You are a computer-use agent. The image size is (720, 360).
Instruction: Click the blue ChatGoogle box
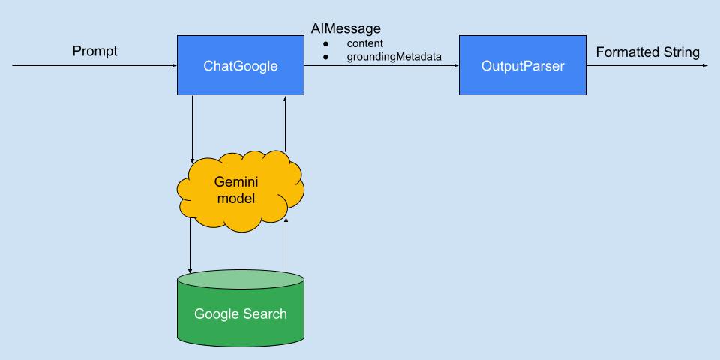pyautogui.click(x=241, y=66)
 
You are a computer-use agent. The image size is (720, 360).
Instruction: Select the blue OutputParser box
pyautogui.click(x=522, y=66)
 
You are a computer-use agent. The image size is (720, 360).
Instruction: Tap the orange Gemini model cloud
pyautogui.click(x=241, y=191)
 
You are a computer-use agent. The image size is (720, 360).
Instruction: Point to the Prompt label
pyautogui.click(x=95, y=52)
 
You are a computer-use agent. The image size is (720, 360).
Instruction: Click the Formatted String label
pyautogui.click(x=647, y=52)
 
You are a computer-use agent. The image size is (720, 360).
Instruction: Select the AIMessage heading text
pyautogui.click(x=346, y=29)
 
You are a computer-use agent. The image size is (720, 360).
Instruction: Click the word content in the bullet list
pyautogui.click(x=365, y=43)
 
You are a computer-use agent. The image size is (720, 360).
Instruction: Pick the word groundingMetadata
pyautogui.click(x=394, y=56)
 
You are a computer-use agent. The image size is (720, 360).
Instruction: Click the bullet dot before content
pyautogui.click(x=325, y=43)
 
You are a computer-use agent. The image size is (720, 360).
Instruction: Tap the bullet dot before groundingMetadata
pyautogui.click(x=325, y=56)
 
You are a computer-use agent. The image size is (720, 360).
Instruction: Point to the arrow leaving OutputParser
pyautogui.click(x=645, y=66)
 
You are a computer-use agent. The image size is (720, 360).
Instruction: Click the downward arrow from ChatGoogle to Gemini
pyautogui.click(x=193, y=127)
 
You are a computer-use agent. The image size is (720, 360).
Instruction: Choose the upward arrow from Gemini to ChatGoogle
pyautogui.click(x=286, y=124)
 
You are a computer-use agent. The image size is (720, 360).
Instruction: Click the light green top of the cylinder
pyautogui.click(x=241, y=279)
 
